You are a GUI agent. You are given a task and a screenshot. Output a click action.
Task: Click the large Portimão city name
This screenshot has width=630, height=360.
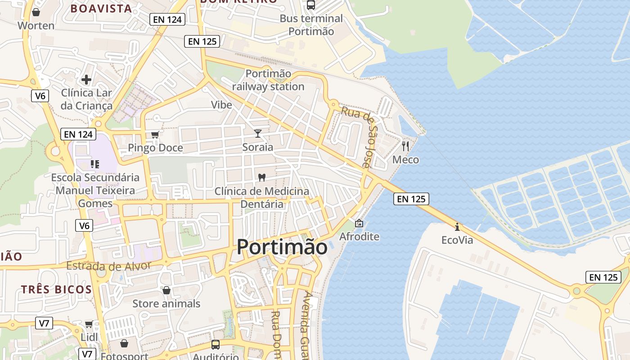point(282,247)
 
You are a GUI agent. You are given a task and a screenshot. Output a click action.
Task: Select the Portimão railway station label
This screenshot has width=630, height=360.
point(268,80)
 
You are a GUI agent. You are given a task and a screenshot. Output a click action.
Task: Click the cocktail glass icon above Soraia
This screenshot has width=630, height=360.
point(258,133)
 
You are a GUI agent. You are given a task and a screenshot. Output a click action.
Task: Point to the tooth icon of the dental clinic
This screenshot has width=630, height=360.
point(262,178)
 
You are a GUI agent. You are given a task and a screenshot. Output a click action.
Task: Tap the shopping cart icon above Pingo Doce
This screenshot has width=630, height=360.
point(155,135)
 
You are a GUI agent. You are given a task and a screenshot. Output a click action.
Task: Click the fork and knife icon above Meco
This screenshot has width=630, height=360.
point(405,146)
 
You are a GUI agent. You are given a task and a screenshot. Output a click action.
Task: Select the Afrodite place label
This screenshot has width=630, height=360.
point(360,237)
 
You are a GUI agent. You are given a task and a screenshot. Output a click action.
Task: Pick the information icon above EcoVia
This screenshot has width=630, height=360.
point(457,227)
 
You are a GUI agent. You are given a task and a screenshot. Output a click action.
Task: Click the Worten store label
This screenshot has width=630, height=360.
point(36,26)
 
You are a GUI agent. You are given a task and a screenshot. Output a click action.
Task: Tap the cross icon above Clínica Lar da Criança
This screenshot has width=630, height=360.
point(86,80)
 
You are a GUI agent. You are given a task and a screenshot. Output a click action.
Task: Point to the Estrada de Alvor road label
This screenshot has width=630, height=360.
point(108,266)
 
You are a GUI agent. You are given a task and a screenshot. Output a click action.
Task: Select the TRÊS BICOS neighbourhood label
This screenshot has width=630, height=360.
point(56,289)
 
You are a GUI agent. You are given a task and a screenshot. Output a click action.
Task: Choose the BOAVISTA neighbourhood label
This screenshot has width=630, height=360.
point(101,9)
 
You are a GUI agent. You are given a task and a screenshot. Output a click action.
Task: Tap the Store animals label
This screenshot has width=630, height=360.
point(166,304)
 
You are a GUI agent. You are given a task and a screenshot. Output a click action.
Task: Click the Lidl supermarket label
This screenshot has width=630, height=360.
point(89,337)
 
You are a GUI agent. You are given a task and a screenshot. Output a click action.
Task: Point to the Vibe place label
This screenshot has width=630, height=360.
point(222,105)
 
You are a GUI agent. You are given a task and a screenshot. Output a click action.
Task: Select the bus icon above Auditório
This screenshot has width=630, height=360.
point(216,345)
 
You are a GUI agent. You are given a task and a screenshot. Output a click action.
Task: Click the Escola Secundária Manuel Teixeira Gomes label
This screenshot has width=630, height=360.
point(95,190)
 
